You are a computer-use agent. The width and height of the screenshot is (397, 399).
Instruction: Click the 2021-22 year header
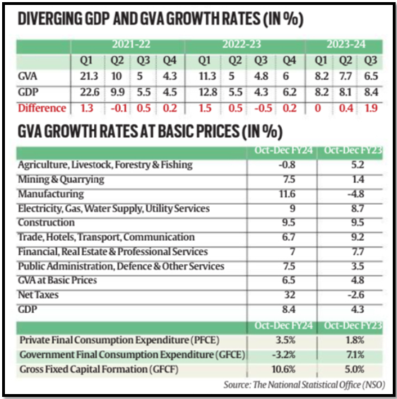click(x=131, y=44)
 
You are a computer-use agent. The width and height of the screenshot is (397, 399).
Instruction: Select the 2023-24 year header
click(x=346, y=44)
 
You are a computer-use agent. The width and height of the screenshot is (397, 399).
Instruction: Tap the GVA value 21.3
click(x=89, y=76)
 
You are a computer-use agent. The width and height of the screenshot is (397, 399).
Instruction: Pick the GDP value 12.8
click(x=208, y=92)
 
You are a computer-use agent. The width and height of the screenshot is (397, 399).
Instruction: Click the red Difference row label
click(x=42, y=108)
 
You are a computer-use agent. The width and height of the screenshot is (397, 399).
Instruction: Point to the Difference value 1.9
click(x=371, y=108)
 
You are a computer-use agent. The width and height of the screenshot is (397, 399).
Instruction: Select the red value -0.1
click(x=119, y=108)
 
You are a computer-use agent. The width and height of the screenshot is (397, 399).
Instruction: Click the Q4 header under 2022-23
click(x=290, y=61)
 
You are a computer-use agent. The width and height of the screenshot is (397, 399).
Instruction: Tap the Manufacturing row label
click(x=51, y=194)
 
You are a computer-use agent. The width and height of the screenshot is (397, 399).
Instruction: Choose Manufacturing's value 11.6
click(x=288, y=194)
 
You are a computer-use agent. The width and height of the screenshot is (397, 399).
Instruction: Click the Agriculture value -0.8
click(x=287, y=165)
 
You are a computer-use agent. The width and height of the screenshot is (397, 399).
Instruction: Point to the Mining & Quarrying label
click(x=61, y=179)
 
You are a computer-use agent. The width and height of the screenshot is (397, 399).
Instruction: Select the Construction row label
click(x=47, y=222)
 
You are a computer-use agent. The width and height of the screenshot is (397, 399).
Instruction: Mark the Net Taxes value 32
click(x=290, y=295)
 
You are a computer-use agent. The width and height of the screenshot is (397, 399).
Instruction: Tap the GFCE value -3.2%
click(x=284, y=355)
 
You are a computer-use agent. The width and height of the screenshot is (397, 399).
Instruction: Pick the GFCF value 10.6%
click(x=283, y=369)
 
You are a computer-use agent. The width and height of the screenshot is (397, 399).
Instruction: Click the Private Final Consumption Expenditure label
click(x=119, y=340)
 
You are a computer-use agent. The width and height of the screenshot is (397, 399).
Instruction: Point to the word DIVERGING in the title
click(x=50, y=18)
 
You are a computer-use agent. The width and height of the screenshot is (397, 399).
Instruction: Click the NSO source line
click(x=304, y=384)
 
